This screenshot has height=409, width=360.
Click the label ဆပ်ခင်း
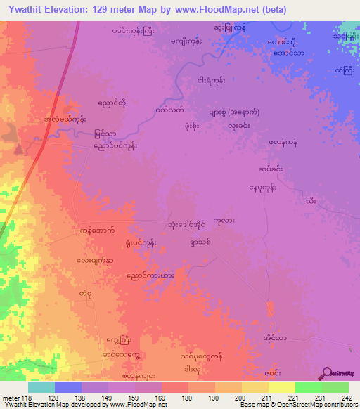point(271,169)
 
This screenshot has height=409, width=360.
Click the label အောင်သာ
point(289,53)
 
